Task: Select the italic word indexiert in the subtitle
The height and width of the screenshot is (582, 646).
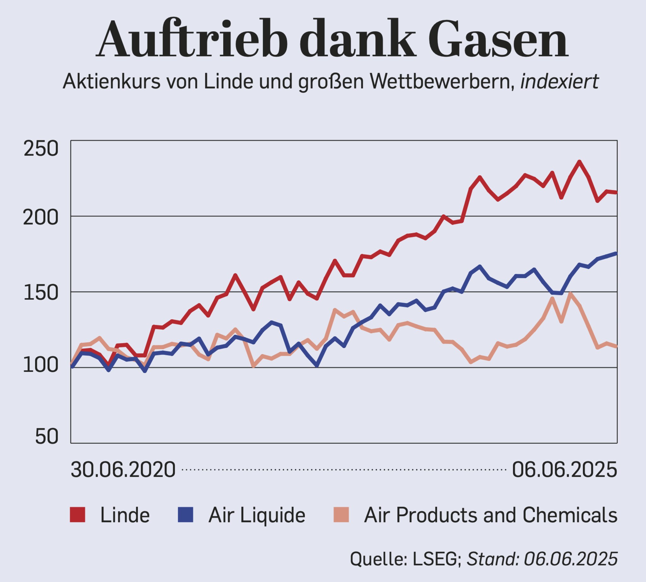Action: point(559,82)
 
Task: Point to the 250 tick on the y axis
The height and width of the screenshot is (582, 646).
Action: point(41,149)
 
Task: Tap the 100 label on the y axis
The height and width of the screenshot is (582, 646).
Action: point(41,366)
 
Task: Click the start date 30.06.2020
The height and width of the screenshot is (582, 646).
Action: point(123,470)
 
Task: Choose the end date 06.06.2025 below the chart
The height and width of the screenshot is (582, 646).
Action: point(565,470)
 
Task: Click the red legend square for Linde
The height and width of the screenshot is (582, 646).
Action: point(78,515)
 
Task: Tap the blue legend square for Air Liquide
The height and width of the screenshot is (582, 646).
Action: point(185,515)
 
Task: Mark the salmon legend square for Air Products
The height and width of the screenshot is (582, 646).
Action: point(341,515)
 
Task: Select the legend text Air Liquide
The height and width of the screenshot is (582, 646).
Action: point(257,515)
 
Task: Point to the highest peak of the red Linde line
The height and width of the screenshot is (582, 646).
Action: point(579,162)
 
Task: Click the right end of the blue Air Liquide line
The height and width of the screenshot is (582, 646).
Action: point(616,253)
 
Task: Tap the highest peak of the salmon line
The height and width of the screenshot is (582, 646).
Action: point(570,294)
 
